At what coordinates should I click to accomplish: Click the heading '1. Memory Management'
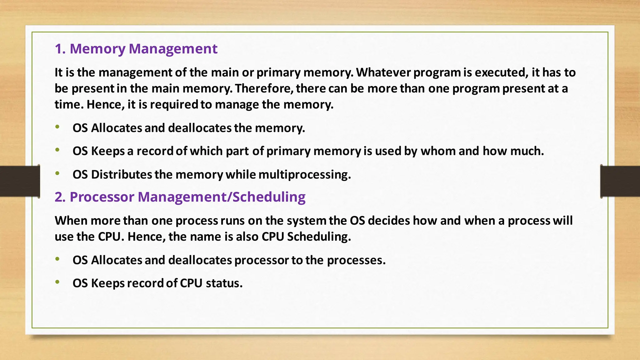point(136,49)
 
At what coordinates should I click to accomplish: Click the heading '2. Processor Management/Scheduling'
point(180,197)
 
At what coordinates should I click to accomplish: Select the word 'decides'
point(389,221)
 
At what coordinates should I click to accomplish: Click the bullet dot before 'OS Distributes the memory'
point(57,173)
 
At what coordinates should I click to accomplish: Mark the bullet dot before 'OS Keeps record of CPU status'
point(57,282)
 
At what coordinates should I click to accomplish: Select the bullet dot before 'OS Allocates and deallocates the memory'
point(57,127)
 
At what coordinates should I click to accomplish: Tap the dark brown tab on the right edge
point(620,181)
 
